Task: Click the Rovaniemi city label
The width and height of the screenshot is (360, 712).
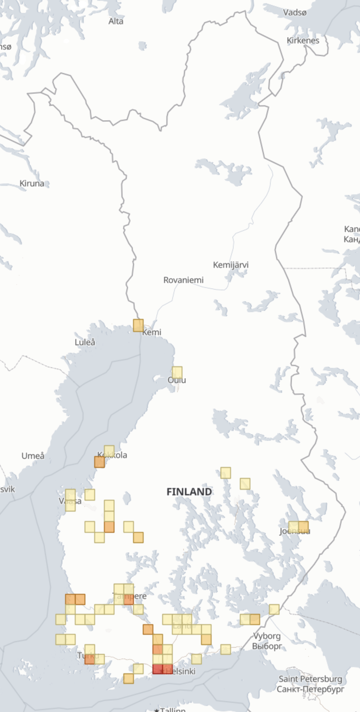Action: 183,280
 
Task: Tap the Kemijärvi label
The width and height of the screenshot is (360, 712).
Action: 231,265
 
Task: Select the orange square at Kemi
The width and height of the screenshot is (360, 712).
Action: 138,325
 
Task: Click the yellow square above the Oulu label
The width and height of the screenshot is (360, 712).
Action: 177,372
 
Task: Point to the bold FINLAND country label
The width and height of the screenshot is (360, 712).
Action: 189,492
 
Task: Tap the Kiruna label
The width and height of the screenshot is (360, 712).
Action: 32,183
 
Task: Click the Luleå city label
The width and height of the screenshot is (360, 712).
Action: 85,342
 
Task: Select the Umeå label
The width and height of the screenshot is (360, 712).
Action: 33,456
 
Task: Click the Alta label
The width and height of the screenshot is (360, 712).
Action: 116,21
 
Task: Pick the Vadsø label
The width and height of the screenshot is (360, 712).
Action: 294,13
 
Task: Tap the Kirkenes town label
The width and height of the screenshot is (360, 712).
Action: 303,40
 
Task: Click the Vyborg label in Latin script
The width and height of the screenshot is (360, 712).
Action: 267,636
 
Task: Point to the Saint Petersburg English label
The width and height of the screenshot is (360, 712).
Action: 310,679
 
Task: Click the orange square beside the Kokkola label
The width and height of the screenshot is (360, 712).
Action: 100,462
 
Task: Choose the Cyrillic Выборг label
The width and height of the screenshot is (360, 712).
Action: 267,646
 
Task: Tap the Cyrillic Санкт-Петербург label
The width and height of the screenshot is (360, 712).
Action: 310,689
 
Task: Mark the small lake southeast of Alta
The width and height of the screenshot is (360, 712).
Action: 142,45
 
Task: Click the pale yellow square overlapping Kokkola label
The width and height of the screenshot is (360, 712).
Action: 109,450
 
